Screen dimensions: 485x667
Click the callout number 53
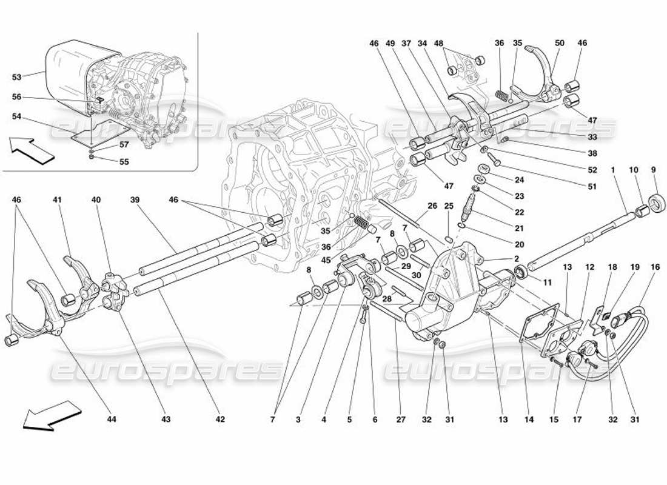pyautogui.click(x=16, y=77)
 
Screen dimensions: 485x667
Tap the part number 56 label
pyautogui.click(x=16, y=97)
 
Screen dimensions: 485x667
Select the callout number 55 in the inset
pyautogui.click(x=124, y=162)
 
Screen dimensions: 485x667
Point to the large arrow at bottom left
pyautogui.click(x=45, y=416)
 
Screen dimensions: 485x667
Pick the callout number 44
pyautogui.click(x=112, y=419)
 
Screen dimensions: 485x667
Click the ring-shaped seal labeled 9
pyautogui.click(x=655, y=202)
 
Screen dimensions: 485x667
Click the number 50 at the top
pyautogui.click(x=559, y=44)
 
